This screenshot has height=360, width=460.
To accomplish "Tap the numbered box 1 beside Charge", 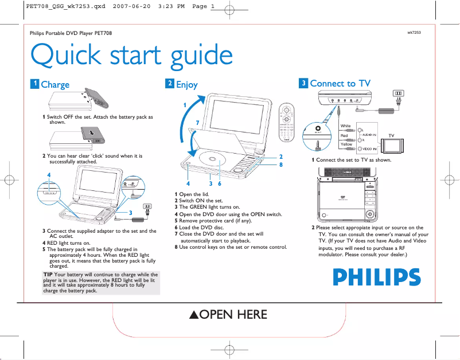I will pos(35,84).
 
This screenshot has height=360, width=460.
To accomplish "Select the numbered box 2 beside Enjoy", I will pos(170,84).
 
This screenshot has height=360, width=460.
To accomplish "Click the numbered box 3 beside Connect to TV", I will pos(303,84).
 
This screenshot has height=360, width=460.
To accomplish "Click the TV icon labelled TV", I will pos(392,144).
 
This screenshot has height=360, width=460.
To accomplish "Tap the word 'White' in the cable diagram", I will pos(345,126).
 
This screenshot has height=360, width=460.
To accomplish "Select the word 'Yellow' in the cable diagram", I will pos(346,144).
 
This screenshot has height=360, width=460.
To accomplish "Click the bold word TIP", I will pos(48,275).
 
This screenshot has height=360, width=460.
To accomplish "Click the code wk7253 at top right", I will pos(414,33).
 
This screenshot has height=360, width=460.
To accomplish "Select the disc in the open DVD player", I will pos(211,160).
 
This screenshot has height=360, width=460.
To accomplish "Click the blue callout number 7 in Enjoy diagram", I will pos(197,123).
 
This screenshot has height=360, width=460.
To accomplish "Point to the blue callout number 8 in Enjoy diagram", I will pos(280,165).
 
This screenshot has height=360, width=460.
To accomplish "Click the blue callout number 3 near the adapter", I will pos(131,213).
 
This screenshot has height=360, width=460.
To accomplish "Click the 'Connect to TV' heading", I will pos(340,84).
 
